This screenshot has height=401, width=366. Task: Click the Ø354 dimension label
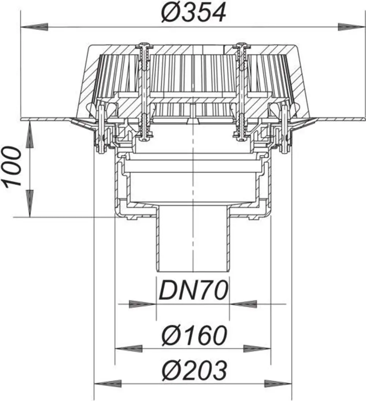pyautogui.click(x=194, y=13)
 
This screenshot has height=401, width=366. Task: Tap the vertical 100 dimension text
pyautogui.click(x=11, y=167)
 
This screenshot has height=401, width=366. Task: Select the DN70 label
pyautogui.click(x=193, y=290)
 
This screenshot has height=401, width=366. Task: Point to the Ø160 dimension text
pyautogui.click(x=194, y=335)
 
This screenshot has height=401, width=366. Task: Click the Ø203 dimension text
pyautogui.click(x=194, y=371)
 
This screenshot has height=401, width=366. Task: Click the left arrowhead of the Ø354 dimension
pyautogui.click(x=34, y=27)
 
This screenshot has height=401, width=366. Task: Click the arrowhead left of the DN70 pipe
pyautogui.click(x=143, y=304)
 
